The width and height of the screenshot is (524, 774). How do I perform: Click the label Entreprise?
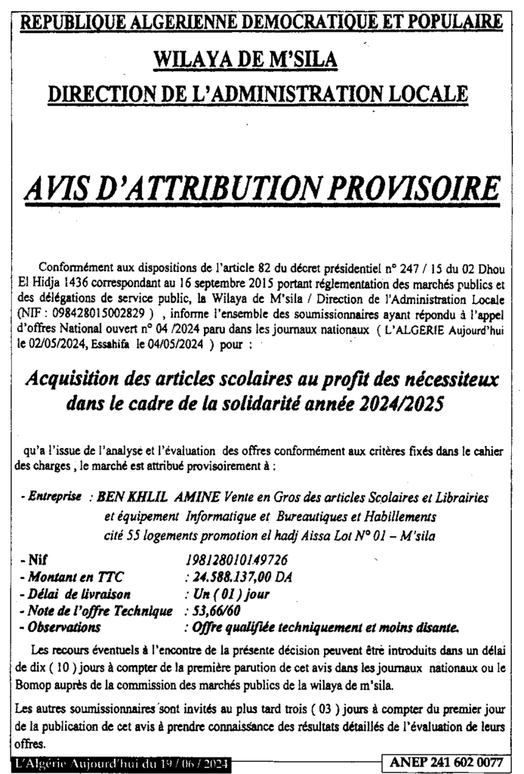(52, 499)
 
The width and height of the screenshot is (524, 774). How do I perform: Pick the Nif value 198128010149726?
(237, 560)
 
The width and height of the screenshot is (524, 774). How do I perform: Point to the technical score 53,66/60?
(218, 610)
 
